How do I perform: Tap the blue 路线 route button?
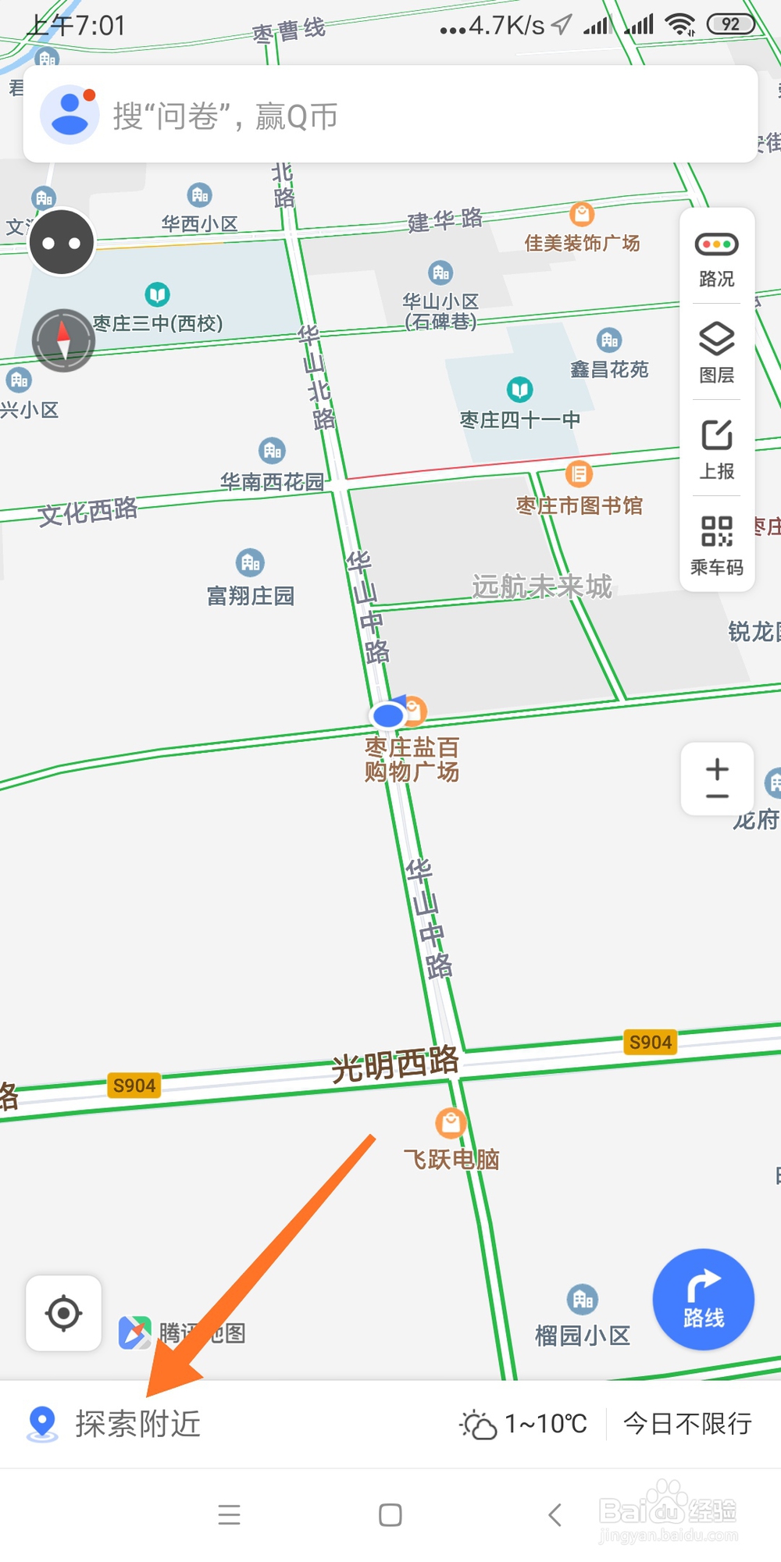(703, 1300)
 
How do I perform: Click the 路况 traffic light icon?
(716, 245)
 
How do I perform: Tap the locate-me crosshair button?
(63, 1313)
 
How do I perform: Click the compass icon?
(63, 341)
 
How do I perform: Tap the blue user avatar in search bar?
(70, 114)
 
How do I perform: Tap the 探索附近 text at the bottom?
(137, 1424)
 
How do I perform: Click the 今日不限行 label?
(687, 1424)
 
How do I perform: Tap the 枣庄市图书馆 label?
(579, 506)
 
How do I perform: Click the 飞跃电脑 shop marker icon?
(451, 1123)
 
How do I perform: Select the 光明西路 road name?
(395, 1065)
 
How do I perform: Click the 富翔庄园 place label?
(251, 597)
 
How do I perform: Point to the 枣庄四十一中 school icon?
(519, 389)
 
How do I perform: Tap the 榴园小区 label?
(582, 1336)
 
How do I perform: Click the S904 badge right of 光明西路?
(650, 1042)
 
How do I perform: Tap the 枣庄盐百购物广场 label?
(412, 759)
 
